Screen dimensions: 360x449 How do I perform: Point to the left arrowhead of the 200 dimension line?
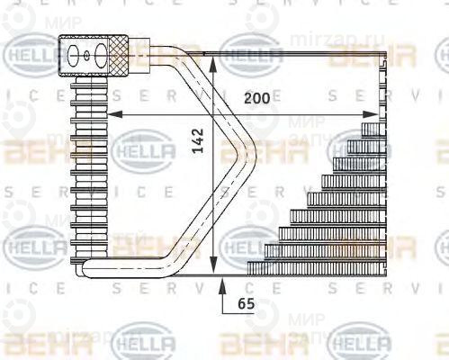[x=114, y=114]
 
